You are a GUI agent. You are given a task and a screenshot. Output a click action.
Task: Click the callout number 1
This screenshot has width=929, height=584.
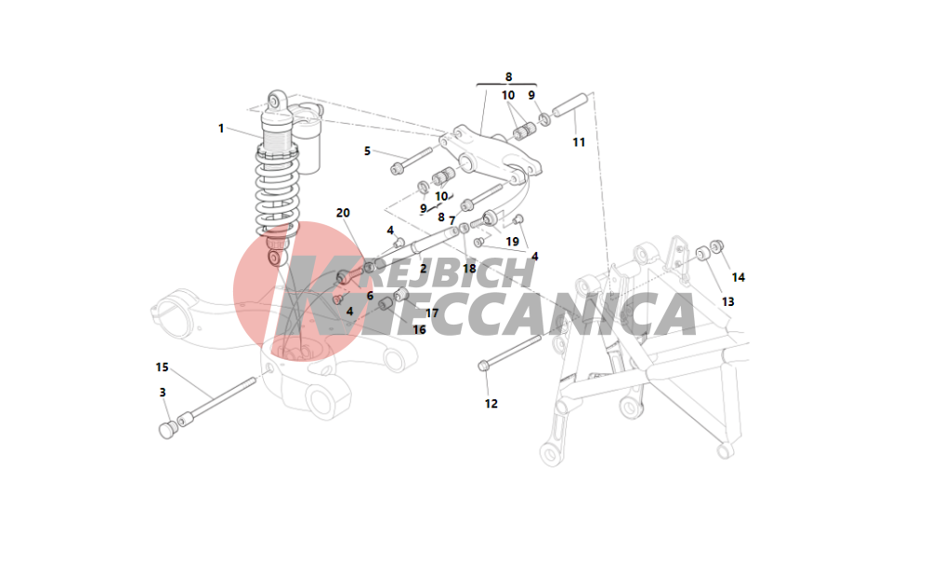tap(221, 128)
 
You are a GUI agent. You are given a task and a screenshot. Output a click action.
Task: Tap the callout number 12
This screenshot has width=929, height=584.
tap(491, 404)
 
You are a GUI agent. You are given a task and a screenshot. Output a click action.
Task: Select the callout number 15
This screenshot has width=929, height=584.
tap(163, 367)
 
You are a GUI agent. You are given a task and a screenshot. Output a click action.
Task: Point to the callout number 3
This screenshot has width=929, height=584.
tap(163, 392)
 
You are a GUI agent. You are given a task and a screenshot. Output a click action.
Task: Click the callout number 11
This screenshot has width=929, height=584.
tap(579, 142)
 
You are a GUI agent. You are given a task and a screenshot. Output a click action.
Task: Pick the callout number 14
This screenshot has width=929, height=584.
tap(739, 277)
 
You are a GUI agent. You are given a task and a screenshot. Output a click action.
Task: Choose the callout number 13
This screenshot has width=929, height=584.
tap(728, 302)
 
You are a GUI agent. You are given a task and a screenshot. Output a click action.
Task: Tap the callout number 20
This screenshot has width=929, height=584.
tap(343, 213)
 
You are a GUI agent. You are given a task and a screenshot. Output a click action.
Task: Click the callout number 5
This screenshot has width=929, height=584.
tap(367, 152)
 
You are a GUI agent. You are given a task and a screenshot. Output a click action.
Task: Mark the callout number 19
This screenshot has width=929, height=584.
tap(513, 242)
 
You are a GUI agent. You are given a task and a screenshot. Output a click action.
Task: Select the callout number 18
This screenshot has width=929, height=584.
tap(469, 269)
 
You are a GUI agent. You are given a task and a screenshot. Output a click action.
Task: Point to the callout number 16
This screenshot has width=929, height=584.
tap(420, 329)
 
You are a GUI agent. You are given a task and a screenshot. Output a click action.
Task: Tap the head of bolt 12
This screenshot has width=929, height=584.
tap(483, 365)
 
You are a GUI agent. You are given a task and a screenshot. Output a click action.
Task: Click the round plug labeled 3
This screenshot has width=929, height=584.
tap(167, 430)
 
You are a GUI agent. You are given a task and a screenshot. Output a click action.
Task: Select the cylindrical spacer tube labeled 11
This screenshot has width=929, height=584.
tap(569, 103)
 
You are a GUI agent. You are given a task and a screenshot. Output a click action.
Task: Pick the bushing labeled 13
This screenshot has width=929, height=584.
tap(703, 253)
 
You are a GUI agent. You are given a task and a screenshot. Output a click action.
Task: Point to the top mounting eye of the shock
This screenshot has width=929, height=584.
tap(276, 100)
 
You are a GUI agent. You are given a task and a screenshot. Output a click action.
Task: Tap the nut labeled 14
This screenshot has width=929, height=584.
tap(717, 246)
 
